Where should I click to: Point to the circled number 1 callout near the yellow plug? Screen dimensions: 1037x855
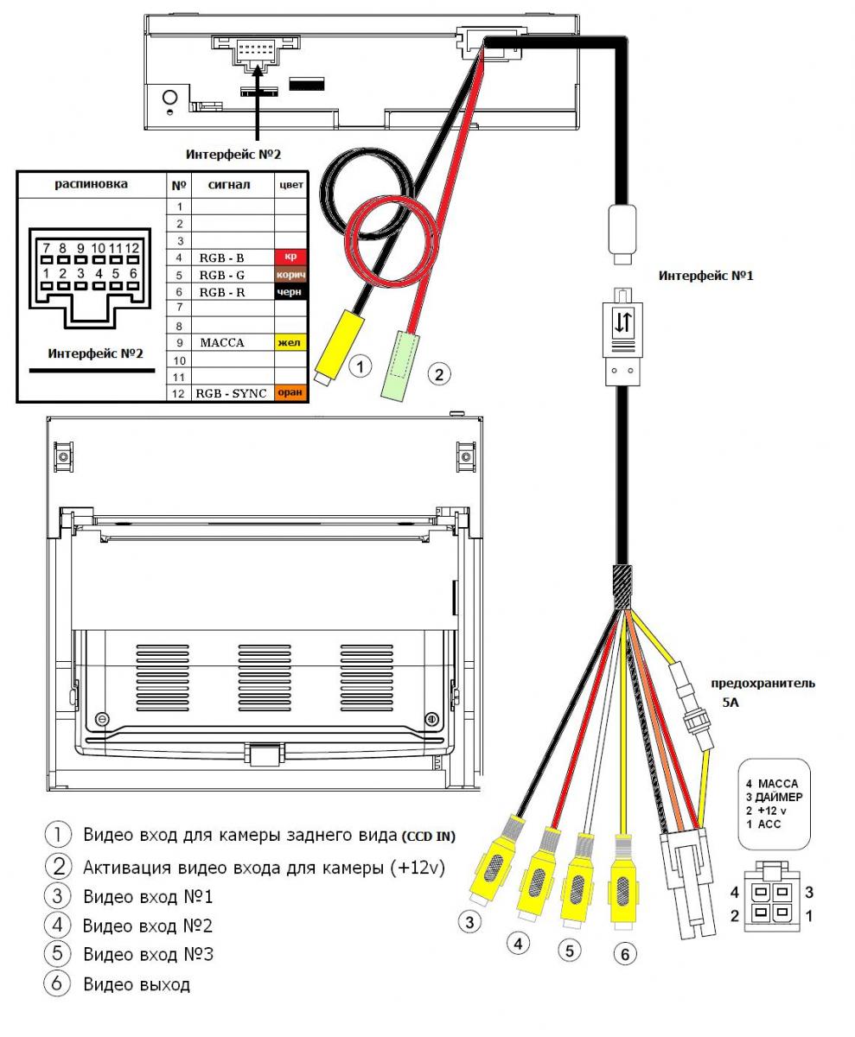pyautogui.click(x=361, y=366)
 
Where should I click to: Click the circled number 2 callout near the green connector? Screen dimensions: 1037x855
pyautogui.click(x=439, y=374)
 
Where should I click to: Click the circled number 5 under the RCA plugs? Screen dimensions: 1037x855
pyautogui.click(x=569, y=951)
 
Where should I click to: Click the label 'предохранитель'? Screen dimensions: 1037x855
pyautogui.click(x=762, y=684)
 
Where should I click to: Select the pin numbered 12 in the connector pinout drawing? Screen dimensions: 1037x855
pyautogui.click(x=132, y=248)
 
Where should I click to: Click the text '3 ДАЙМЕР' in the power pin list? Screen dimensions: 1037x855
pyautogui.click(x=775, y=798)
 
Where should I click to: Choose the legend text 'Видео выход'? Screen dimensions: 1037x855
pyautogui.click(x=137, y=984)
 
